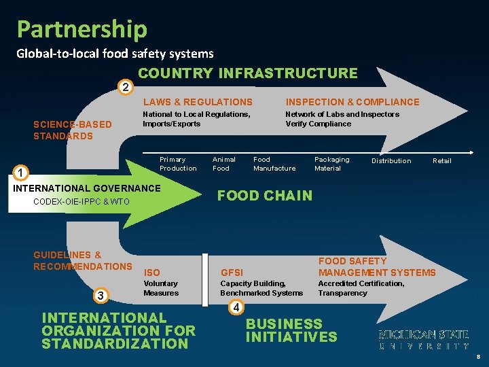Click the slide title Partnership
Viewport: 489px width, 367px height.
[x=81, y=29]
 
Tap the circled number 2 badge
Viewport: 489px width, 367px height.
[x=124, y=87]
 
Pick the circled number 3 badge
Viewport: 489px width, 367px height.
[x=101, y=295]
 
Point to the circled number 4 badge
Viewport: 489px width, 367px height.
[x=235, y=307]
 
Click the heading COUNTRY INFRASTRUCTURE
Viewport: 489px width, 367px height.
[x=247, y=73]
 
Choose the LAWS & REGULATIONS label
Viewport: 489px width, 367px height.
[x=198, y=102]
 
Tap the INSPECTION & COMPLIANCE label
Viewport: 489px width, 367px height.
[x=352, y=102]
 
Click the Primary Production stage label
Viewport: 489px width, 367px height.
[x=178, y=164]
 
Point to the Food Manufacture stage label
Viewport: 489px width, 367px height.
[x=274, y=164]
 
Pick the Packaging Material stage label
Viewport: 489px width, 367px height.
[x=331, y=164]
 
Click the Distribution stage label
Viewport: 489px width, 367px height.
[x=391, y=161]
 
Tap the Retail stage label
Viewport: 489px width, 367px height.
[x=442, y=161]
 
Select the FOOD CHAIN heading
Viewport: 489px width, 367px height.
[x=265, y=196]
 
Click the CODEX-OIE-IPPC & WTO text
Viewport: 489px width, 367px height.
[x=81, y=202]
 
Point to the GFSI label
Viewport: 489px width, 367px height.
[x=232, y=273]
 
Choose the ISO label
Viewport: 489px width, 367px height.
[x=152, y=273]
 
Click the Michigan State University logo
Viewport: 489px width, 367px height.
[x=423, y=340]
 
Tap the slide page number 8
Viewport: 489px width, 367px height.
[x=478, y=357]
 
